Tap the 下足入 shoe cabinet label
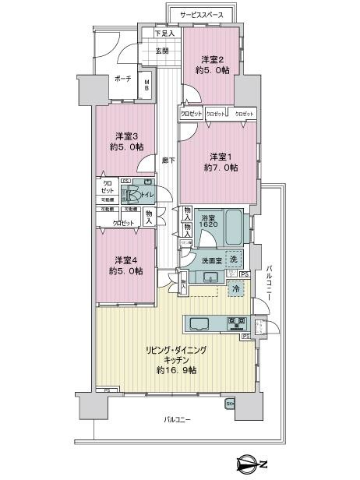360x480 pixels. (x=164, y=34)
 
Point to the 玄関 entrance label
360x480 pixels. (x=161, y=51)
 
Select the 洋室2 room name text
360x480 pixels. (x=213, y=59)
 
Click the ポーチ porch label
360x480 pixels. (x=122, y=79)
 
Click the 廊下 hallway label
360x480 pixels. (x=167, y=161)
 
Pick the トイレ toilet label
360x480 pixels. (x=145, y=196)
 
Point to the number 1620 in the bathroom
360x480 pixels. (x=208, y=225)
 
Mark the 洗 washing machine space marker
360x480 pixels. (x=235, y=258)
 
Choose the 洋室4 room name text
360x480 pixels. (x=125, y=259)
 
